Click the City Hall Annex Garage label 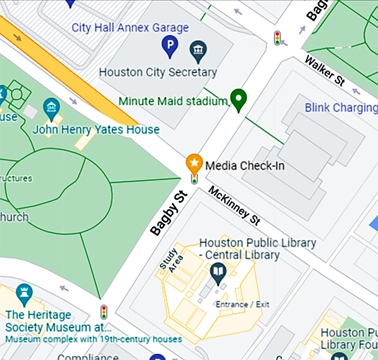[x=130, y=27]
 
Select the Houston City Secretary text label [x=157, y=72]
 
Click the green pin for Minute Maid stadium [x=238, y=99]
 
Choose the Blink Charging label [x=341, y=108]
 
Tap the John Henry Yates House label [x=96, y=129]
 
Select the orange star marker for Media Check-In [x=194, y=164]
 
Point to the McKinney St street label [x=234, y=205]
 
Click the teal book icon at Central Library [x=218, y=270]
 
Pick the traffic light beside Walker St [x=277, y=38]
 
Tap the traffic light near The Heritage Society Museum [x=104, y=312]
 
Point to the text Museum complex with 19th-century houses [x=93, y=339]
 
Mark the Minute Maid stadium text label [x=173, y=101]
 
